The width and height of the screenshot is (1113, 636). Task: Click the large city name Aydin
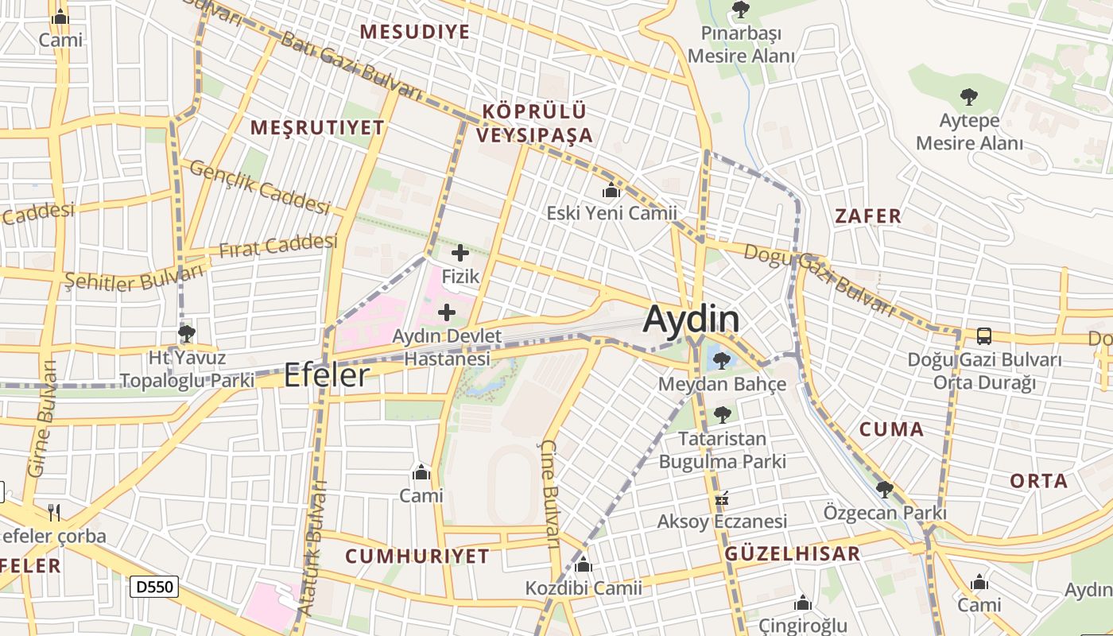click(x=691, y=320)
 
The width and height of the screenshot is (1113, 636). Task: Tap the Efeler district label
click(x=327, y=375)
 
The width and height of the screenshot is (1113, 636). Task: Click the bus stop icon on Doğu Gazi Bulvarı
click(x=983, y=336)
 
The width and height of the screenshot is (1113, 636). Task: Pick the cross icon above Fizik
click(x=460, y=254)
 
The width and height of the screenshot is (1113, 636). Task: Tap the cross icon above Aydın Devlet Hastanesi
click(x=447, y=312)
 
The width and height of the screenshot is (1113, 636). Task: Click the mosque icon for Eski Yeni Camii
click(x=611, y=191)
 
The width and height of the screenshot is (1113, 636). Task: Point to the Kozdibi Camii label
click(x=584, y=588)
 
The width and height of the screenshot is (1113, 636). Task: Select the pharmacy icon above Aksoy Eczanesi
click(x=722, y=499)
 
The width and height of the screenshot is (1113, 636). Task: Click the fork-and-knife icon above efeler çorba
click(x=54, y=512)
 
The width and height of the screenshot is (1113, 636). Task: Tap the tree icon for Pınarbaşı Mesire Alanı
click(x=741, y=10)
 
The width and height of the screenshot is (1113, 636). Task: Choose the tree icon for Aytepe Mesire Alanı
click(x=968, y=98)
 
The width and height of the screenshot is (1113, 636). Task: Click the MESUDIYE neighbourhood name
click(x=414, y=32)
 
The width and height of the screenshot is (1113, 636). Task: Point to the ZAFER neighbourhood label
click(x=868, y=215)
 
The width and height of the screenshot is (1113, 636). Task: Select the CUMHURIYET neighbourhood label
click(x=417, y=556)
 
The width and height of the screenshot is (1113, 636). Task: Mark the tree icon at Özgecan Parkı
click(x=885, y=490)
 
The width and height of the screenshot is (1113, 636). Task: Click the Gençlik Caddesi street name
click(x=259, y=187)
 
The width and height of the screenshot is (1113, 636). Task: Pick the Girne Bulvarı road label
click(x=43, y=418)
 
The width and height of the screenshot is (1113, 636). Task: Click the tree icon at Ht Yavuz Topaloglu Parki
click(x=187, y=333)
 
